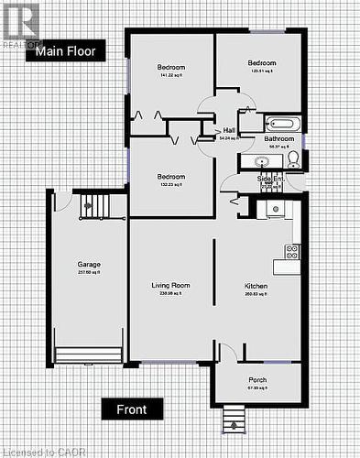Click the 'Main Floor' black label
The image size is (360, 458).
(66, 51)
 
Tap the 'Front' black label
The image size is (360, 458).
(132, 409)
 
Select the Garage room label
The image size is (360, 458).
(89, 265)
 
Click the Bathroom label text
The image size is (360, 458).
(279, 139)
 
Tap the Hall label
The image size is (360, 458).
(228, 131)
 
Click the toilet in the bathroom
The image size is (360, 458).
(293, 160)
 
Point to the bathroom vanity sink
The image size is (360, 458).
(262, 161)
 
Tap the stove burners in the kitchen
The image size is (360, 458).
(293, 250)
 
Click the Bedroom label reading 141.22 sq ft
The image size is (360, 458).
(170, 68)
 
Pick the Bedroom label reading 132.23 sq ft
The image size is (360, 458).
(170, 177)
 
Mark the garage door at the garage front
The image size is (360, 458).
(88, 354)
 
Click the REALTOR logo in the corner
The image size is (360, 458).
(20, 26)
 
